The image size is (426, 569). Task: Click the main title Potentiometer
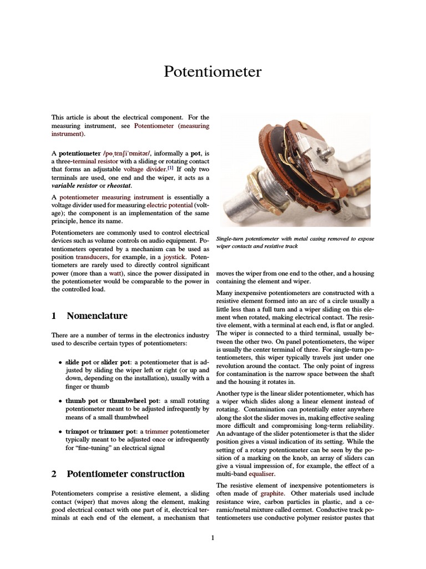point(212,72)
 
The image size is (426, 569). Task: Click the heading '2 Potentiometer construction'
point(118,474)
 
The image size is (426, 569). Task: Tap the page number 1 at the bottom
point(212,537)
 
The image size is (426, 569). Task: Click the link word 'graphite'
point(272,493)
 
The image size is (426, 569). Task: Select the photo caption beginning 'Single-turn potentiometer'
point(295,242)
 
